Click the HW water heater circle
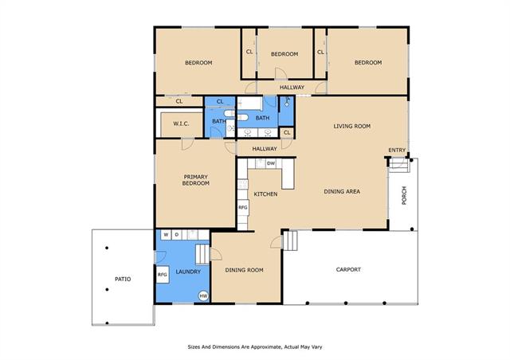point(203,295)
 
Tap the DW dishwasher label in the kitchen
point(271,163)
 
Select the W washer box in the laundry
point(167,235)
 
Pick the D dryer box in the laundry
point(177,235)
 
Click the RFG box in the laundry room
point(163,275)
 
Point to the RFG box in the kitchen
point(243,208)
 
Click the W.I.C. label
point(181,123)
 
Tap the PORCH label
point(404,195)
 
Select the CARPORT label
point(348,269)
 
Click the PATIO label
point(123,279)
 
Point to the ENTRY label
point(397,150)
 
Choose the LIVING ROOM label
point(352,126)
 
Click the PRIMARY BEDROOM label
point(196,180)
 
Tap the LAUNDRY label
point(188,272)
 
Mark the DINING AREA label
point(342,191)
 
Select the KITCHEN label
point(265,194)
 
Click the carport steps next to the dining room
point(290,241)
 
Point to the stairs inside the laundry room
point(202,254)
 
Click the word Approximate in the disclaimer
point(265,347)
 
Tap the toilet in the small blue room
point(287,103)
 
